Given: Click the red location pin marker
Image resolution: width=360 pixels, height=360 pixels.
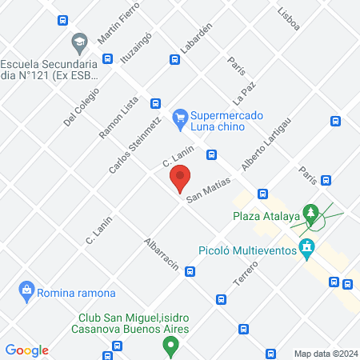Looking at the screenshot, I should click(x=180, y=177).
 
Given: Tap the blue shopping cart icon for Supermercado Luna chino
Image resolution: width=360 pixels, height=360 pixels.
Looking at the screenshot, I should click(x=181, y=116).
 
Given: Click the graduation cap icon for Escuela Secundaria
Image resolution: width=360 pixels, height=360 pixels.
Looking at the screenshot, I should click(x=79, y=42).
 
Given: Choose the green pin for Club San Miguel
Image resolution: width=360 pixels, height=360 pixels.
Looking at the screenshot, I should click(x=170, y=346).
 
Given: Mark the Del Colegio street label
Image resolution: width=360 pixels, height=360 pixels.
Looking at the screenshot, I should click(x=81, y=106).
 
